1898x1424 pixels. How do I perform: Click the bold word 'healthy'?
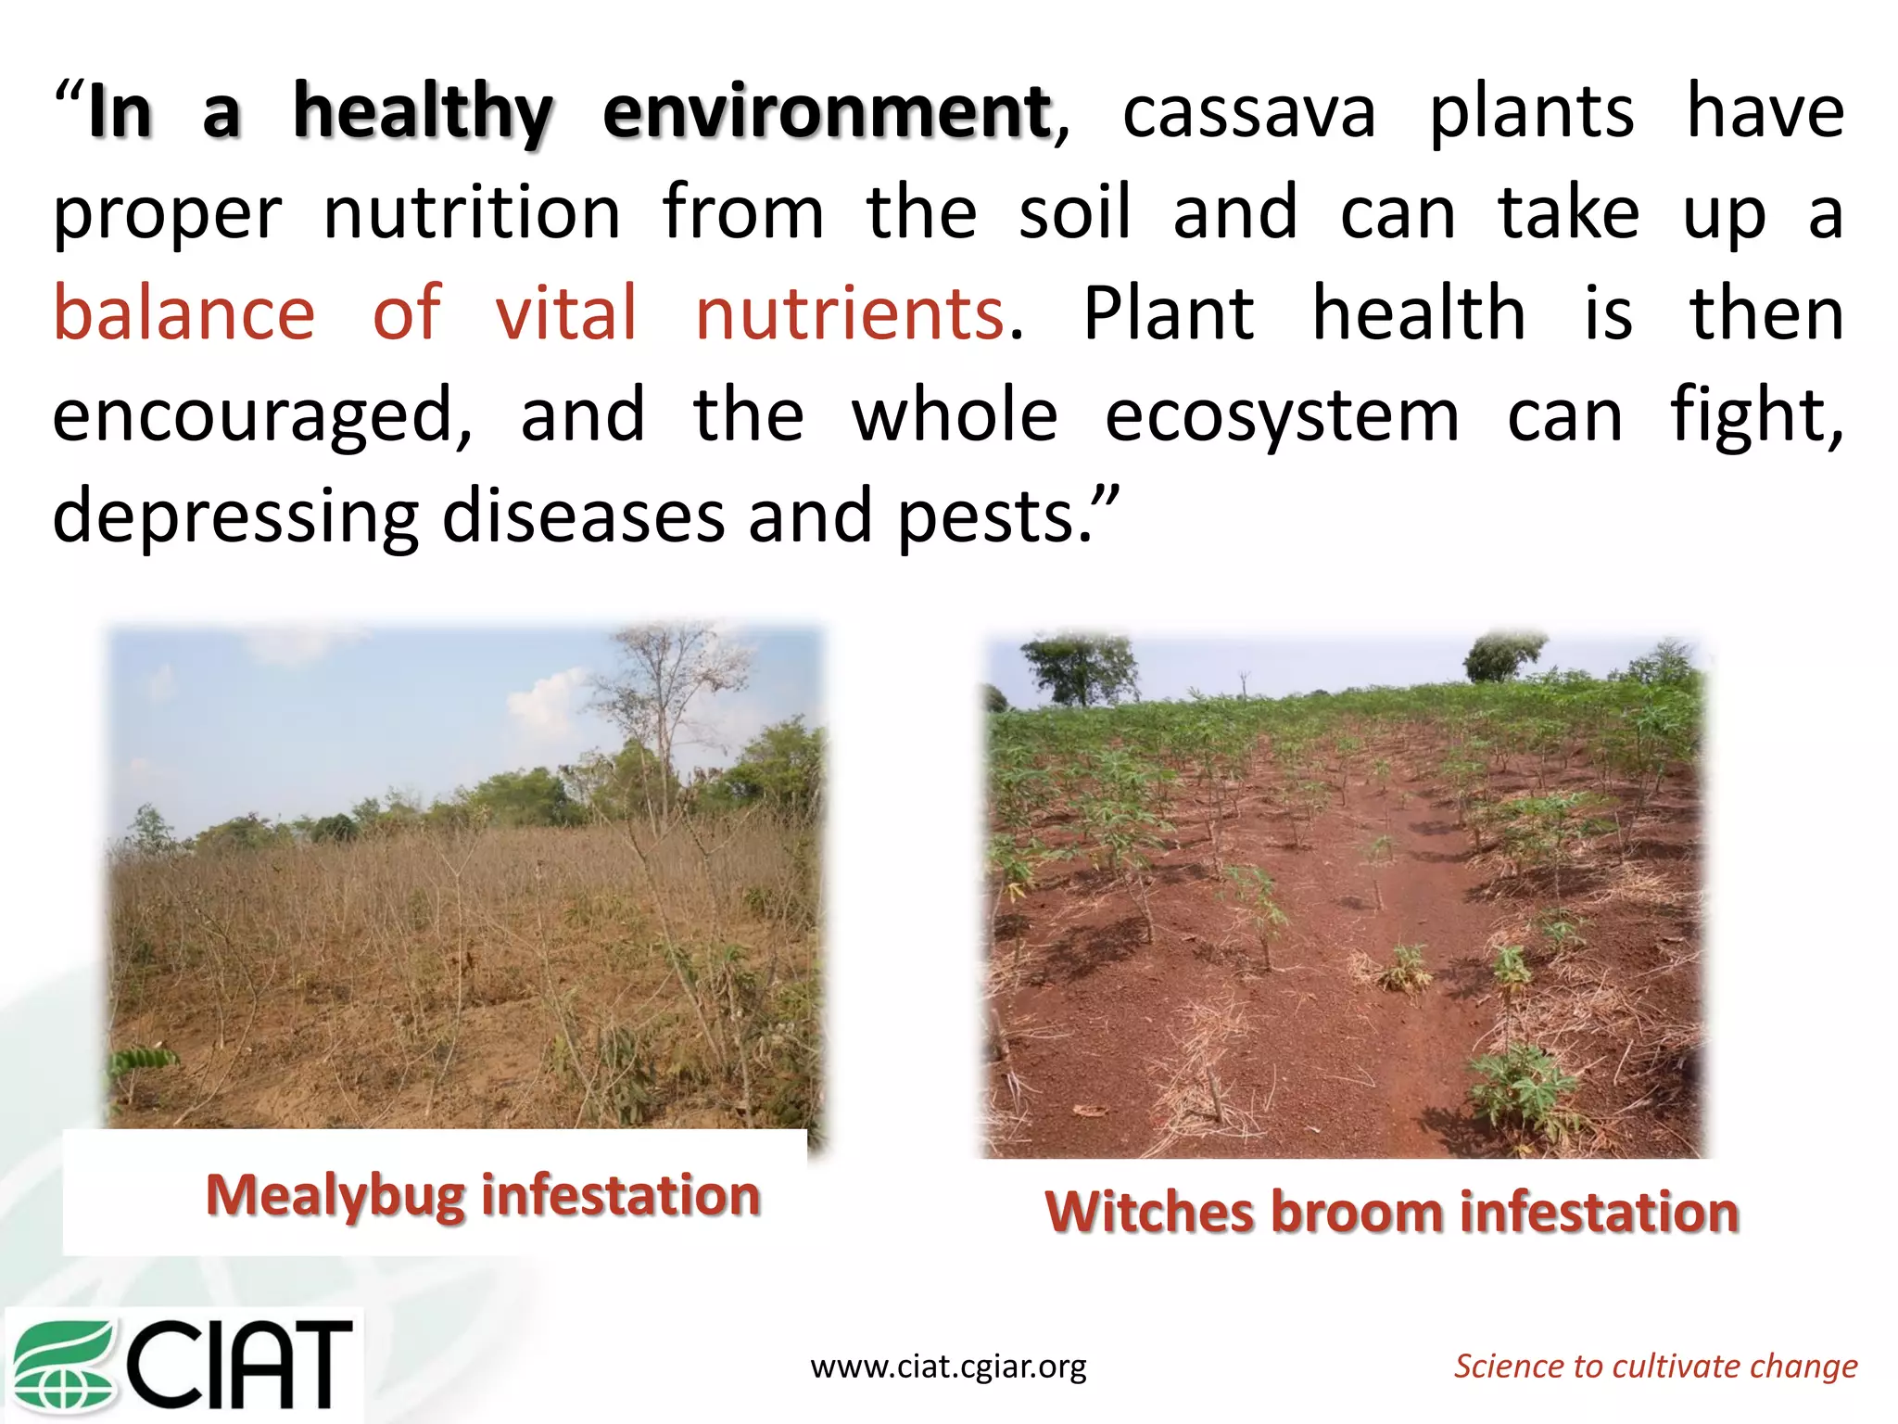(x=423, y=113)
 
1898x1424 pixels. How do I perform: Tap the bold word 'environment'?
(x=828, y=113)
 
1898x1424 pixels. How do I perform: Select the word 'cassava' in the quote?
(x=1248, y=113)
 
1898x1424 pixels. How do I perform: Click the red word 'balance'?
(x=184, y=313)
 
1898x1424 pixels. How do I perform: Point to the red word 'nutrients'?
(x=850, y=313)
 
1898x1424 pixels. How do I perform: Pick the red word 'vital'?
(x=566, y=313)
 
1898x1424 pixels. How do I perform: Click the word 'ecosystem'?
(x=1282, y=415)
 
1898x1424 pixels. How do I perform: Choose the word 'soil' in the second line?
(x=1074, y=213)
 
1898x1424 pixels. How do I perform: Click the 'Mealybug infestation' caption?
(x=483, y=1195)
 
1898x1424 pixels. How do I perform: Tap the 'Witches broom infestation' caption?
(x=1391, y=1212)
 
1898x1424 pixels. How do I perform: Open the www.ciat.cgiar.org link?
(x=948, y=1367)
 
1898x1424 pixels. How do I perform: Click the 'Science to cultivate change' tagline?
(x=1655, y=1367)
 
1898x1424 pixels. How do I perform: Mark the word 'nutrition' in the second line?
(x=472, y=213)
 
